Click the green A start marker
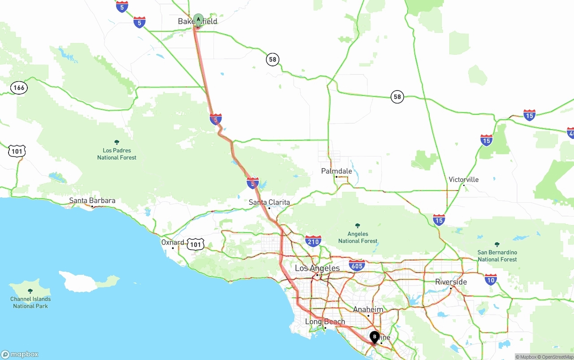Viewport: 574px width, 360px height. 198,20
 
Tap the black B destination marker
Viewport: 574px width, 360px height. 374,336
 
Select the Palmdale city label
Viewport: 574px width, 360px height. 336,171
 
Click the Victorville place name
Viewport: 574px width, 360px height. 464,180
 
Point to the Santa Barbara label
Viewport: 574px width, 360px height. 92,201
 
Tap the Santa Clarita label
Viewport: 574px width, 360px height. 269,203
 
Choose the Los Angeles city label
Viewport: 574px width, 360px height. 317,269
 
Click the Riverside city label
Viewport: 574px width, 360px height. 451,282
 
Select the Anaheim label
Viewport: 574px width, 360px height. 368,310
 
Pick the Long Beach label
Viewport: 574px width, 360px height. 325,322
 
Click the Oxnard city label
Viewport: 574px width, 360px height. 173,243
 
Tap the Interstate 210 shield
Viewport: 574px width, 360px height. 313,241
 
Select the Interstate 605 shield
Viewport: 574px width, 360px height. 357,265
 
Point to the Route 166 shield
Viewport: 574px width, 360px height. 19,87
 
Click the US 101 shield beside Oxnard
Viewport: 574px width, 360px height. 196,244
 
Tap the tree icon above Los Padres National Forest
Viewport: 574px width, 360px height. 117,142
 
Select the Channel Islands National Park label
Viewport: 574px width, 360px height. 30,302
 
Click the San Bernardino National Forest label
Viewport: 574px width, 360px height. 497,256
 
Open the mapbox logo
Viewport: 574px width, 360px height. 20,354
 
